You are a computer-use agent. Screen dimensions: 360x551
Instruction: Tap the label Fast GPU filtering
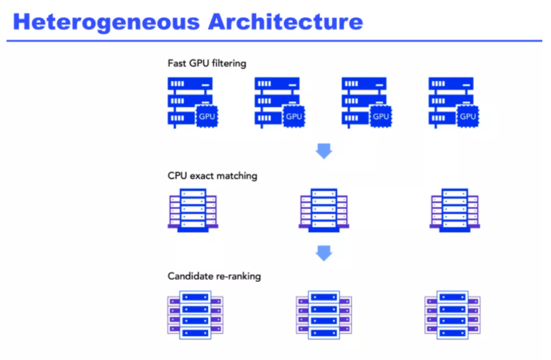coord(207,64)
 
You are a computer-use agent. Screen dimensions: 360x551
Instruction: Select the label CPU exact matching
coord(213,176)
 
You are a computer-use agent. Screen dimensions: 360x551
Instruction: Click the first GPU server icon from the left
coord(190,101)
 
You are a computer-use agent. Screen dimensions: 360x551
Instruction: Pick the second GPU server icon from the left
coord(278,101)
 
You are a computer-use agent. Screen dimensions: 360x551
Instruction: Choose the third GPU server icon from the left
coord(365,101)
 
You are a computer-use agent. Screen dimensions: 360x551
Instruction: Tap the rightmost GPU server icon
coord(451,101)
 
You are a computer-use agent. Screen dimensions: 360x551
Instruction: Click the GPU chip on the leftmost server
coord(207,116)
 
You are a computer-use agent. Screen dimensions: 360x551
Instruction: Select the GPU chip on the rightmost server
coord(468,116)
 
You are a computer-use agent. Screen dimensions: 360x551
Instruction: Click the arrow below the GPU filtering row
coord(324,151)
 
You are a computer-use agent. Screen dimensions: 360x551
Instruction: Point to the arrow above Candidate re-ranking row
coord(324,253)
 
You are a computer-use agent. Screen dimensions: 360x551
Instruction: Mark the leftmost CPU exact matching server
coord(193,209)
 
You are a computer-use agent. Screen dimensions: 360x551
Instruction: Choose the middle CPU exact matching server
coord(324,209)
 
